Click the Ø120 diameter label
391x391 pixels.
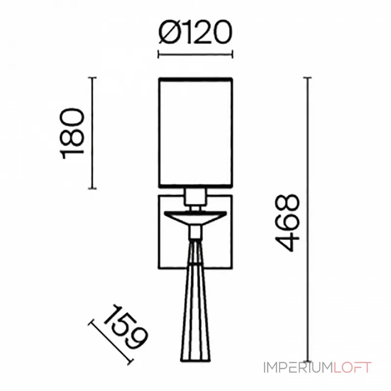tap(195, 32)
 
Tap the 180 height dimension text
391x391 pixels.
tap(72, 133)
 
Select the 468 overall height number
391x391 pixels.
tap(287, 222)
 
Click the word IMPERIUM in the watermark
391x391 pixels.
tap(298, 368)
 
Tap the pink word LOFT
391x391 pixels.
tap(352, 368)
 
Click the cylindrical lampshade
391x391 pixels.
tap(195, 133)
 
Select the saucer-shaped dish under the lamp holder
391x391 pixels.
tap(195, 218)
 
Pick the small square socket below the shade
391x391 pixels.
tap(195, 196)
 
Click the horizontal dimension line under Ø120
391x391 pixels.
tap(195, 54)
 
